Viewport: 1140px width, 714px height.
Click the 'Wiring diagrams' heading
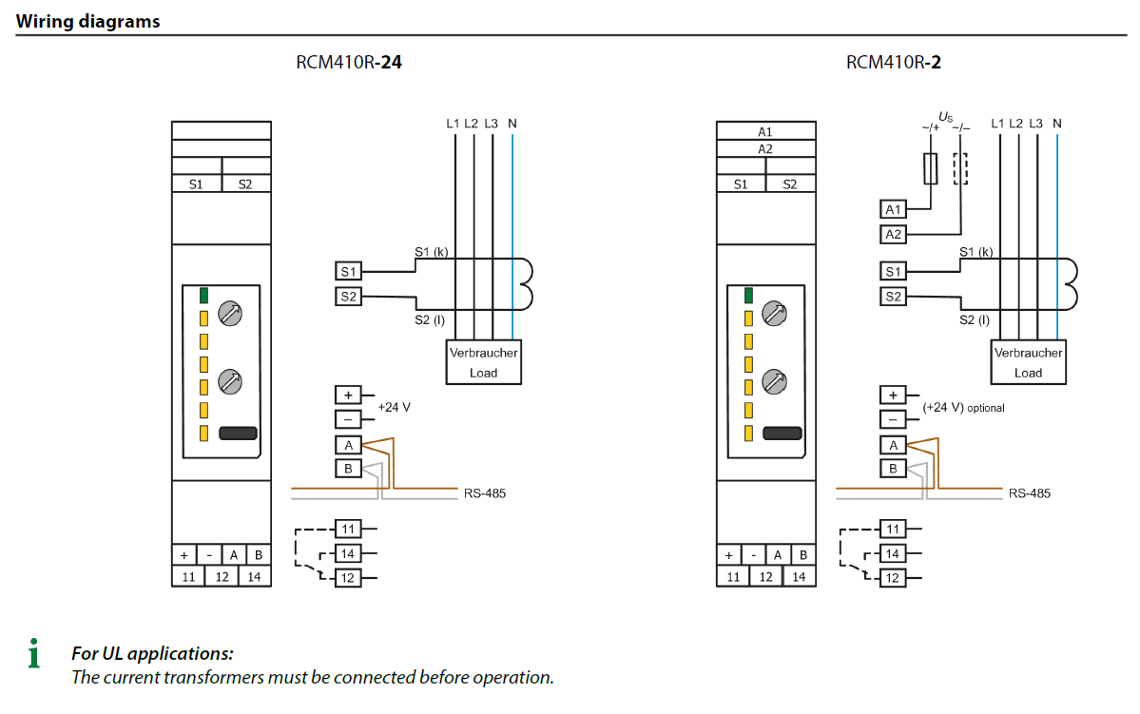click(88, 21)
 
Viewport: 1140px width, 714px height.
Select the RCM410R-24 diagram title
click(348, 63)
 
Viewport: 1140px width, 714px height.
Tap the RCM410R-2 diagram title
click(893, 63)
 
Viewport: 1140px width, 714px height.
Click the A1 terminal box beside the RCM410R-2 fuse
click(893, 209)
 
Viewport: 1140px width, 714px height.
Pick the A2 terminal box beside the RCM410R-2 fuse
click(893, 234)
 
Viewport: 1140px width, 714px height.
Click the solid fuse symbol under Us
click(930, 168)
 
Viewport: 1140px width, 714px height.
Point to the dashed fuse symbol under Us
click(960, 168)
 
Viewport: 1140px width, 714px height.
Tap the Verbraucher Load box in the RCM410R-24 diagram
click(484, 362)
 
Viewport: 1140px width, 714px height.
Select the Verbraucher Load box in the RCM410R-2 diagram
click(1028, 362)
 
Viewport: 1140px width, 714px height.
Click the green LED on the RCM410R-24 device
click(203, 295)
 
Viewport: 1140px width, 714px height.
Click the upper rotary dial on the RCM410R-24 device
click(230, 314)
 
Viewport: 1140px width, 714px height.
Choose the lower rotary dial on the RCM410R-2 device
click(774, 382)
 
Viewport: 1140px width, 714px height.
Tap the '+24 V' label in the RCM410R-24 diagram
click(394, 407)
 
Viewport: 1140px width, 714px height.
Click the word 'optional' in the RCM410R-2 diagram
click(986, 409)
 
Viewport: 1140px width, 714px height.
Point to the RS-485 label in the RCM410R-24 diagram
click(485, 493)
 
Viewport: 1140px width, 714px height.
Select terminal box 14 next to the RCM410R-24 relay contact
click(348, 554)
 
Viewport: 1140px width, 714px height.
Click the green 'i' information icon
click(34, 653)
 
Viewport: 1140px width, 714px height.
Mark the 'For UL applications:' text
click(153, 654)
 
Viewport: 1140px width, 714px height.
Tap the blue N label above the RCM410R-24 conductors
click(512, 124)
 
